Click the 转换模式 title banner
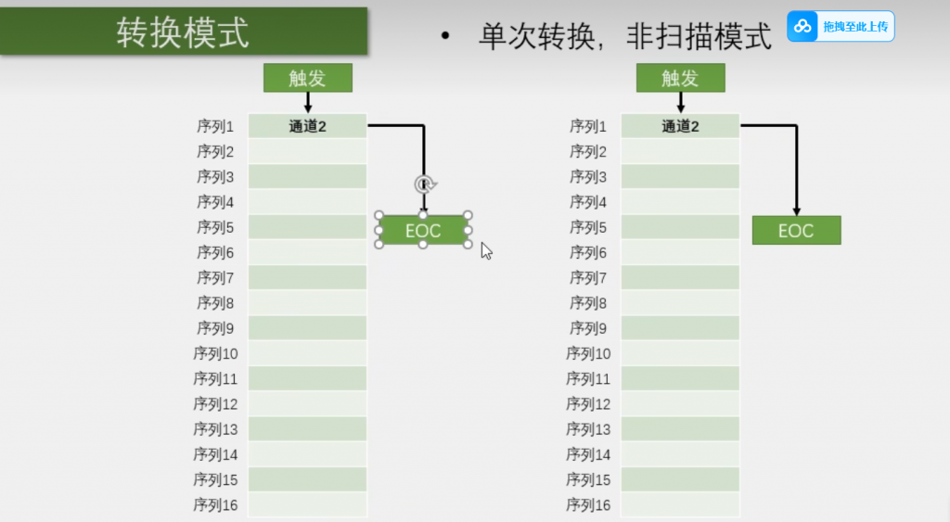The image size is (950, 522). tap(183, 32)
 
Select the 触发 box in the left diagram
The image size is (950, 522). tap(308, 78)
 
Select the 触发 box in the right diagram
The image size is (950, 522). tap(680, 78)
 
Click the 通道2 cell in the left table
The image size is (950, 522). tap(308, 126)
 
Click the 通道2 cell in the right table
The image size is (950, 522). tap(680, 126)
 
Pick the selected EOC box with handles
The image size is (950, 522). tap(423, 231)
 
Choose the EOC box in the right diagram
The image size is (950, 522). tap(796, 231)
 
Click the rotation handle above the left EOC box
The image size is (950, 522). tap(423, 184)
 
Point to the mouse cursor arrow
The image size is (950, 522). tap(485, 249)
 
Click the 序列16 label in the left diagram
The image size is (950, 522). tap(217, 505)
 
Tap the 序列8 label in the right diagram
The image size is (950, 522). tap(589, 303)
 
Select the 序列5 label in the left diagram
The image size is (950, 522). tap(217, 227)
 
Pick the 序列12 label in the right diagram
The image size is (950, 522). tap(589, 404)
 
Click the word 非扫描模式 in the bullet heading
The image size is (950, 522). tap(699, 36)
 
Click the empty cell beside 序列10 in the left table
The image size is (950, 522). tap(308, 353)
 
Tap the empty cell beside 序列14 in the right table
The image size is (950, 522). tap(680, 454)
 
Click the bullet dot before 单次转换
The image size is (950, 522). tap(445, 37)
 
